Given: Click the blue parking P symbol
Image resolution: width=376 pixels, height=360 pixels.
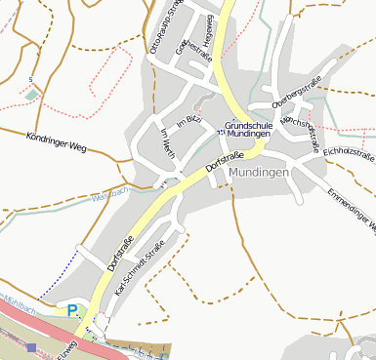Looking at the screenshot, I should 72,310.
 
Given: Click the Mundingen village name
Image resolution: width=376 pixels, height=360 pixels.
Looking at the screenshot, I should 260,173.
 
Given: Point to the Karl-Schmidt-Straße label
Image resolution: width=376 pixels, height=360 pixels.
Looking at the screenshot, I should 137,274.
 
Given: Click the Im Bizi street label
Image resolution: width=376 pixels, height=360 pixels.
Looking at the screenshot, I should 188,120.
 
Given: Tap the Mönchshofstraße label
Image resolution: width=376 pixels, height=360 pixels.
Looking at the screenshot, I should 301,131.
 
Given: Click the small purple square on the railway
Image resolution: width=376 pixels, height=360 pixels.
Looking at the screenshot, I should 32,347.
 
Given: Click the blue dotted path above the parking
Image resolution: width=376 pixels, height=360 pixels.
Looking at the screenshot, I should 61,275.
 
